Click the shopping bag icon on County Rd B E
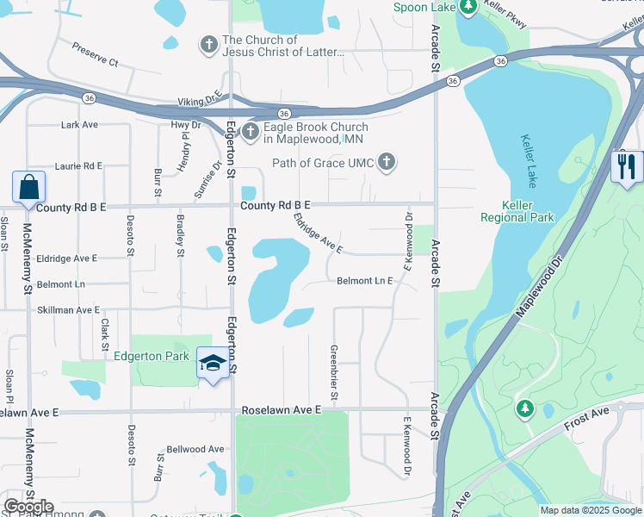coord(28,187)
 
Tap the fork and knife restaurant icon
coord(626,165)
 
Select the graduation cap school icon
coord(212,362)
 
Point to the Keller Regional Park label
coord(529,211)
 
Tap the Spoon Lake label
coord(424,8)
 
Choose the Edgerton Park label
coord(151,355)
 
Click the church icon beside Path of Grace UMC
coord(387,162)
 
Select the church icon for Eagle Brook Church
coord(250,131)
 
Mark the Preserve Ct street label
coord(95,54)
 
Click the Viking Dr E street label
coord(200,101)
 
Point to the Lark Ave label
coord(79,125)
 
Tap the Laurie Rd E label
coord(78,165)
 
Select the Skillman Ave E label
coord(67,309)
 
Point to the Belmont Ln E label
coord(364,281)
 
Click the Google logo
coord(28,507)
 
